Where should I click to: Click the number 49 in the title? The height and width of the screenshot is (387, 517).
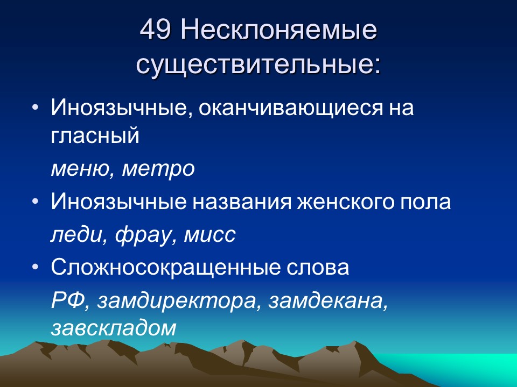click(x=156, y=31)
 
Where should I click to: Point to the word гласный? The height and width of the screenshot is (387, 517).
click(x=95, y=135)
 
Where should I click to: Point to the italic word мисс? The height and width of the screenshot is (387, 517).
click(x=211, y=235)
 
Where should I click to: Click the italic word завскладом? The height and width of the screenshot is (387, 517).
click(x=114, y=328)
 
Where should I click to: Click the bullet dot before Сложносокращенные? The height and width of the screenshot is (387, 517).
click(x=36, y=267)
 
